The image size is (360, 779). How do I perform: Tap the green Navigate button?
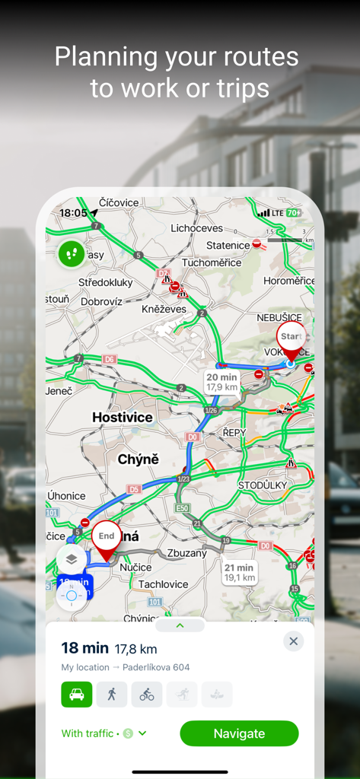click(239, 733)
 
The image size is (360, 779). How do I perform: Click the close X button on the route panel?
click(294, 641)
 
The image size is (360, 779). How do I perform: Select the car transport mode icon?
click(77, 694)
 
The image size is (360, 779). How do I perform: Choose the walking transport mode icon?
click(112, 694)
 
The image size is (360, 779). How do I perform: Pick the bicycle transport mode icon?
click(147, 694)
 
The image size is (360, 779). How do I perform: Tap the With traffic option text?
click(89, 733)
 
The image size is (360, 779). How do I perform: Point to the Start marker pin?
click(291, 341)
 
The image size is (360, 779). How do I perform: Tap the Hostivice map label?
click(122, 417)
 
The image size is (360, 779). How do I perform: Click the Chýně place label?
click(139, 459)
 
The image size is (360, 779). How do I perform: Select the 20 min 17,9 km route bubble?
click(222, 382)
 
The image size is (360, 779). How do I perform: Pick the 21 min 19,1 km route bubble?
click(239, 572)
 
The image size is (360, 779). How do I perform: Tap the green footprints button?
click(72, 253)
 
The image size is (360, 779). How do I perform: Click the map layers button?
click(72, 559)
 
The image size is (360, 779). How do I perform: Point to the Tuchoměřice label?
click(211, 262)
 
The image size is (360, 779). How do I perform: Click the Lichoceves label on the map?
click(196, 228)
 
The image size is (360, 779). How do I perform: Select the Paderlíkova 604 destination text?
click(151, 667)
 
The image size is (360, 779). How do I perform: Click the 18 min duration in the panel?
click(84, 648)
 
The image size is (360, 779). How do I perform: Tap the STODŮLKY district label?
click(263, 485)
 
